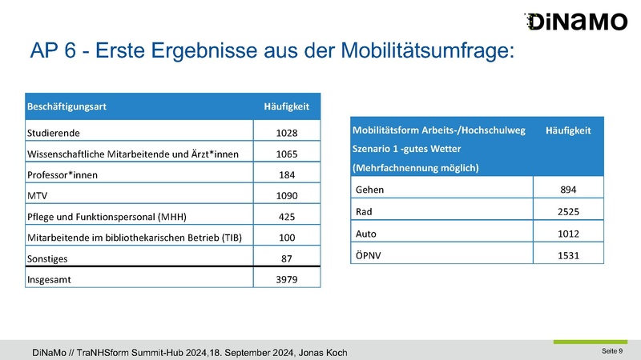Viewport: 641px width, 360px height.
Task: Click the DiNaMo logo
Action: pyautogui.click(x=575, y=22)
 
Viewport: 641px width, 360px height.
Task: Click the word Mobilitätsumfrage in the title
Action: pyautogui.click(x=428, y=50)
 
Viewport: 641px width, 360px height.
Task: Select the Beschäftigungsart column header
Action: pyautogui.click(x=67, y=106)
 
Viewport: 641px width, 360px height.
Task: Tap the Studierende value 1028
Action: pyautogui.click(x=287, y=133)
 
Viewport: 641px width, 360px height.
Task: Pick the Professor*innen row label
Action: pyautogui.click(x=62, y=175)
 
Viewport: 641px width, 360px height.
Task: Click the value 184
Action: pyautogui.click(x=287, y=175)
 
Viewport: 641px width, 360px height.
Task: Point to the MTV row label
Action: pyautogui.click(x=37, y=196)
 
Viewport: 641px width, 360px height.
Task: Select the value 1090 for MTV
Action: pyautogui.click(x=287, y=196)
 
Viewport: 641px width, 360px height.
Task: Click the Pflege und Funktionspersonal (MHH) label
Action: pyautogui.click(x=107, y=217)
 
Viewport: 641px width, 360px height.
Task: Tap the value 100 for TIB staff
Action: pyautogui.click(x=287, y=238)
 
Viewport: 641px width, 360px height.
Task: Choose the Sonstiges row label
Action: pyautogui.click(x=47, y=258)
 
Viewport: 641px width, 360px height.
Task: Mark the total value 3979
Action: pyautogui.click(x=287, y=279)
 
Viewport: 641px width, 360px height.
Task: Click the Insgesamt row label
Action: pyautogui.click(x=49, y=280)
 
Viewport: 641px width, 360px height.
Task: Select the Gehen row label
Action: pyautogui.click(x=369, y=190)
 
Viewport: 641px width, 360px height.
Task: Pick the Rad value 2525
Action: pyautogui.click(x=568, y=212)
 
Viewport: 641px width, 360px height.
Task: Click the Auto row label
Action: pyautogui.click(x=366, y=234)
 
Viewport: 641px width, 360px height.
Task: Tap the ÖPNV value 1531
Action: pyautogui.click(x=568, y=256)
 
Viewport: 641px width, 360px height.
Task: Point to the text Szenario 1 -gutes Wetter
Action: pyautogui.click(x=407, y=149)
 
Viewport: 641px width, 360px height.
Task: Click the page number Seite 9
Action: pyautogui.click(x=612, y=351)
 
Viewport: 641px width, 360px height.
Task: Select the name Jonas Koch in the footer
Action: pyautogui.click(x=323, y=353)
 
